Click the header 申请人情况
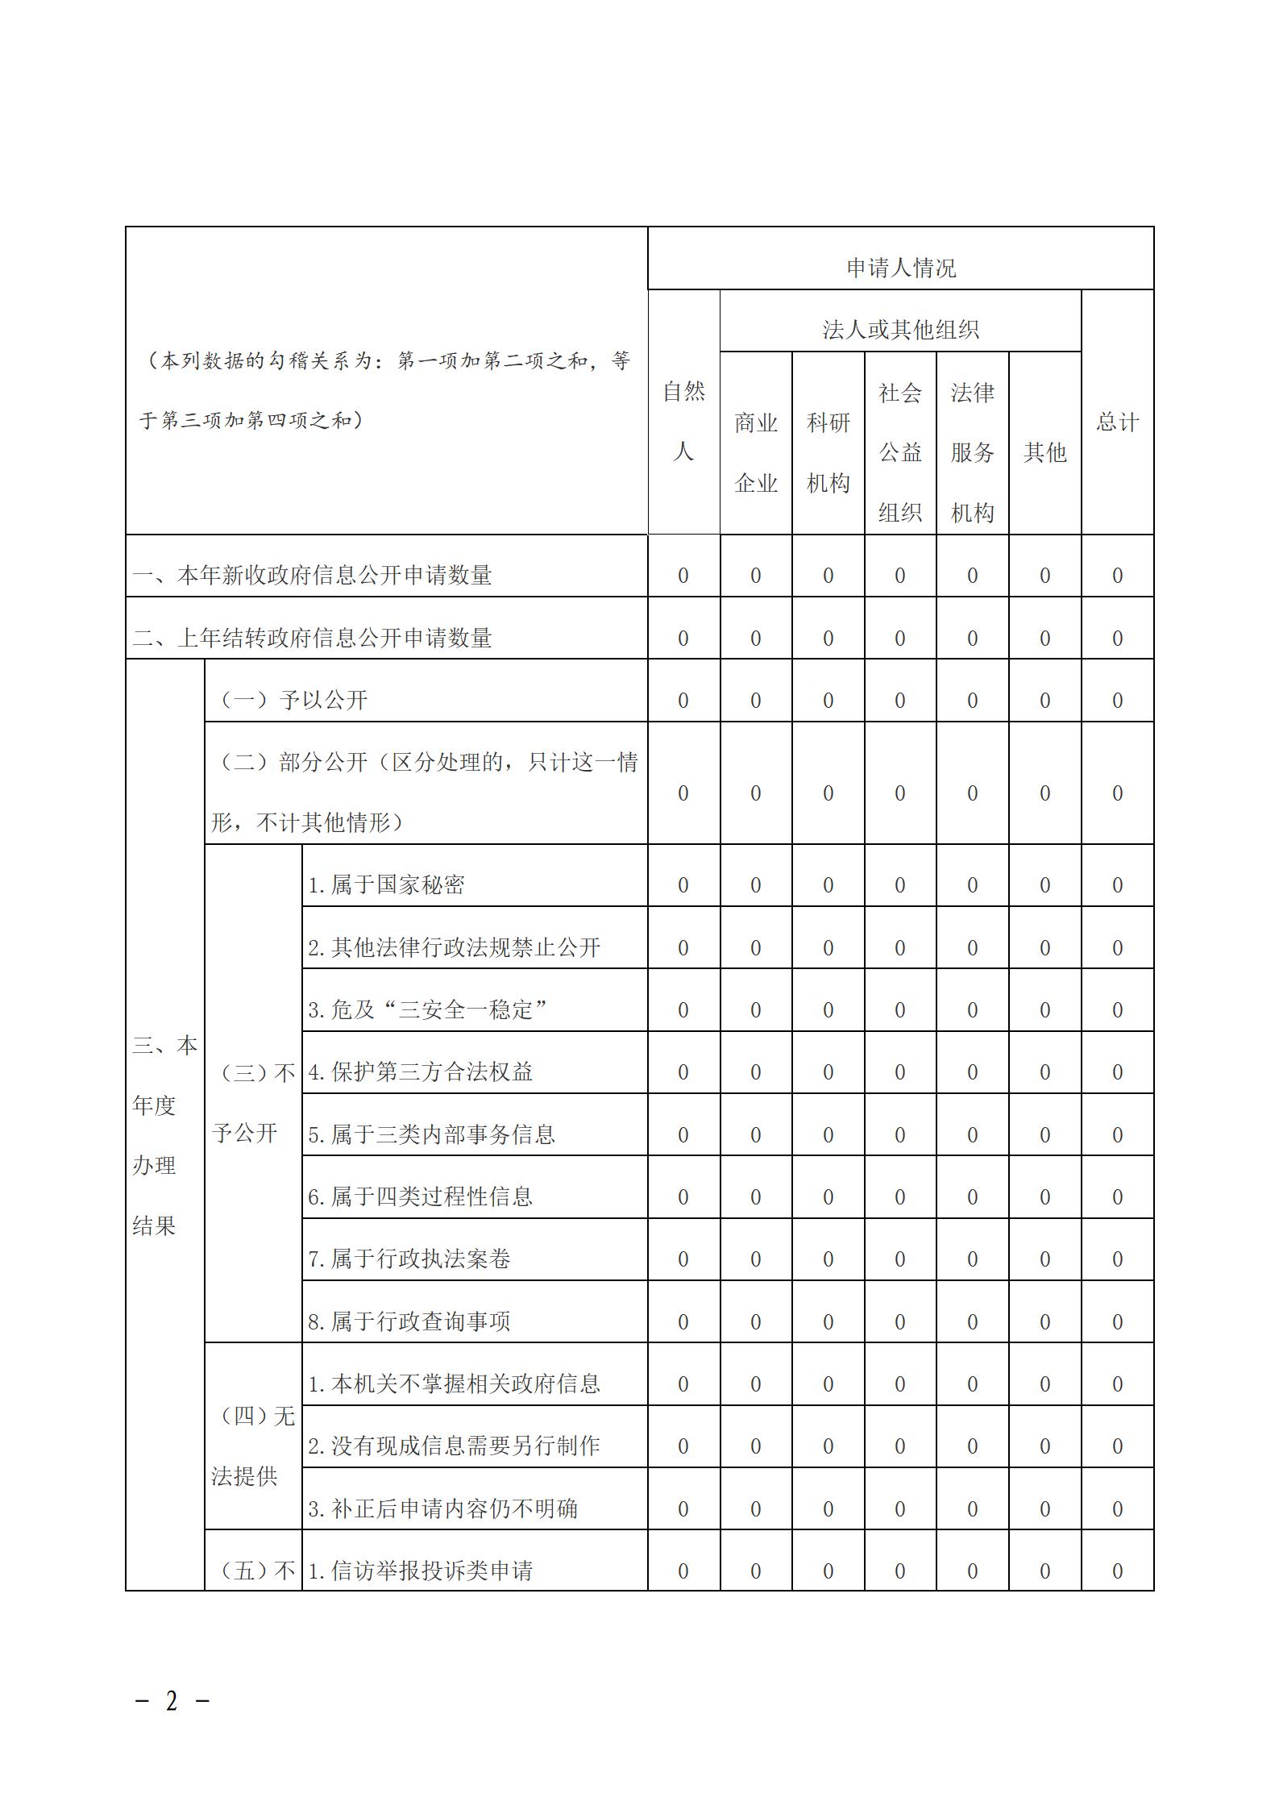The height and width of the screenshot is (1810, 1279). pyautogui.click(x=900, y=268)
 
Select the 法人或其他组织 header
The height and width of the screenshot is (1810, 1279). pyautogui.click(x=900, y=330)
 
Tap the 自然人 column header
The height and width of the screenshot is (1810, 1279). pyautogui.click(x=683, y=421)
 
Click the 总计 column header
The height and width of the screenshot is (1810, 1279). pyautogui.click(x=1117, y=422)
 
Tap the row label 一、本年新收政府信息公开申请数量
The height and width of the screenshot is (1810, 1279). pyautogui.click(x=313, y=575)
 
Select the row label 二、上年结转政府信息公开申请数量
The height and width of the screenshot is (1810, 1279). pyautogui.click(x=313, y=638)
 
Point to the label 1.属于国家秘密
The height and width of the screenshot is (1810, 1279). pyautogui.click(x=386, y=884)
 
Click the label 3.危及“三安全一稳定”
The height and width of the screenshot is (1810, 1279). pyautogui.click(x=428, y=1009)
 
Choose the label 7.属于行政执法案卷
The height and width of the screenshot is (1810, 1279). pyautogui.click(x=409, y=1259)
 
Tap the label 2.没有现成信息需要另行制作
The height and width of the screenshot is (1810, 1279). pyautogui.click(x=454, y=1446)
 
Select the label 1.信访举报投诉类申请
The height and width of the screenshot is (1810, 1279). pyautogui.click(x=420, y=1571)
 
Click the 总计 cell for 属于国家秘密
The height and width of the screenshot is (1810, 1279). pyautogui.click(x=1117, y=885)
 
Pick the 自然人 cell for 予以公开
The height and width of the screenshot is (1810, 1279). pyautogui.click(x=683, y=701)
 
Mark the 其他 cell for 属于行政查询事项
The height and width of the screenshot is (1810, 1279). pyautogui.click(x=1044, y=1322)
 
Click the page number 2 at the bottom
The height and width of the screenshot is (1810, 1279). pyautogui.click(x=171, y=1701)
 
